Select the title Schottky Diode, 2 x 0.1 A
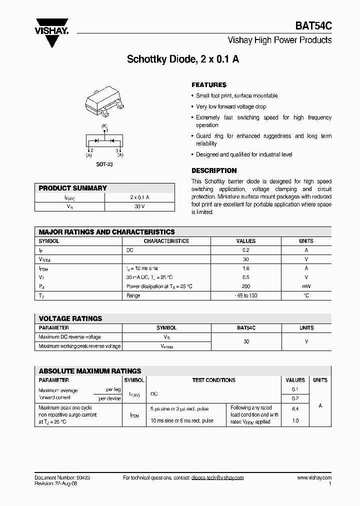[183, 59]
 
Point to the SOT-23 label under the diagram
[104, 164]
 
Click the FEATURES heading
[209, 85]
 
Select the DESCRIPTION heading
[214, 170]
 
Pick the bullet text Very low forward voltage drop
[231, 106]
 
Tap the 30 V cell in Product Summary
[139, 206]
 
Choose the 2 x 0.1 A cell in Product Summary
[139, 197]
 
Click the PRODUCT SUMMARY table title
[73, 188]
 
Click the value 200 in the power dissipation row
[245, 286]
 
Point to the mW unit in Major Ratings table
[306, 286]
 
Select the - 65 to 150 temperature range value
[245, 295]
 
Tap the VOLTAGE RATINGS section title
[70, 318]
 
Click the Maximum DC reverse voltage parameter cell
[70, 337]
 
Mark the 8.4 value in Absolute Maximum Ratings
[295, 408]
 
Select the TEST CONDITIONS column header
[213, 380]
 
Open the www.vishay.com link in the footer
[314, 477]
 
